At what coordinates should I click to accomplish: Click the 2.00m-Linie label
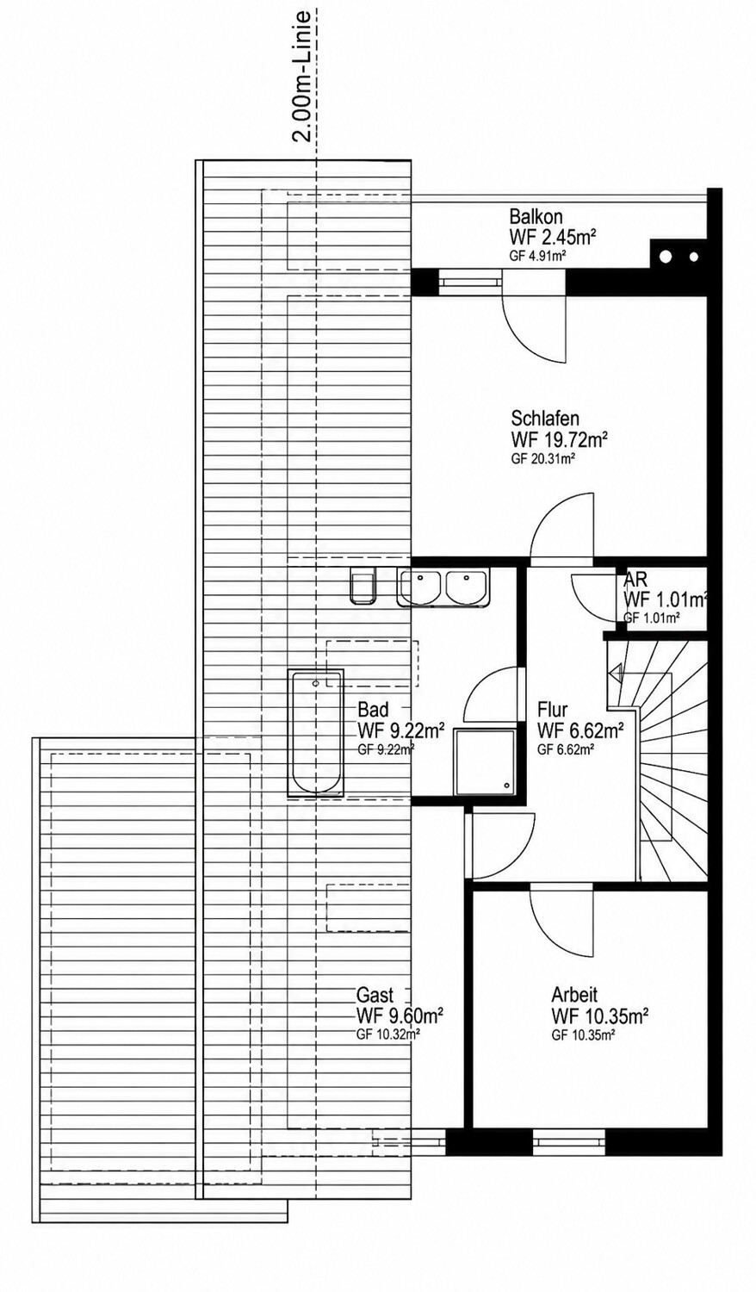pos(301,74)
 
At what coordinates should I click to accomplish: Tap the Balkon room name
pos(536,217)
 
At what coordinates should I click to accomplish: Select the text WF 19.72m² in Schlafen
pos(560,439)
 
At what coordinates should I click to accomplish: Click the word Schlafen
pos(545,418)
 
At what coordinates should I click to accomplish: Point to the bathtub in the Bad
pos(315,733)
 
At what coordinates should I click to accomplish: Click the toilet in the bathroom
pos(363,585)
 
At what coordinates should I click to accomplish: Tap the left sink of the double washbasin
pos(422,587)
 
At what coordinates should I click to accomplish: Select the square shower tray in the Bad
pos(485,760)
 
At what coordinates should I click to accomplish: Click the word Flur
pos(553,709)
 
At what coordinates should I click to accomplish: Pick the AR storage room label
pos(635,580)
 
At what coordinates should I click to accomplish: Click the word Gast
pos(375,994)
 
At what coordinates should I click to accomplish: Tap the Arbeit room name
pos(574,994)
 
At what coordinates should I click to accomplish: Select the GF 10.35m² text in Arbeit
pos(582,1035)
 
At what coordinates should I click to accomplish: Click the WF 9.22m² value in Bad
pos(400,730)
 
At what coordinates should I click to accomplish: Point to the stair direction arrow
pos(615,672)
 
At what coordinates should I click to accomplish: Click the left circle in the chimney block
pos(666,256)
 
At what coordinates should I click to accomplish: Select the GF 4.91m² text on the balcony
pos(536,258)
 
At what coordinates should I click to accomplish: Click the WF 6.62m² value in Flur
pos(580,730)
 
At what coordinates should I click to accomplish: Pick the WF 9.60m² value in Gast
pos(400,1016)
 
